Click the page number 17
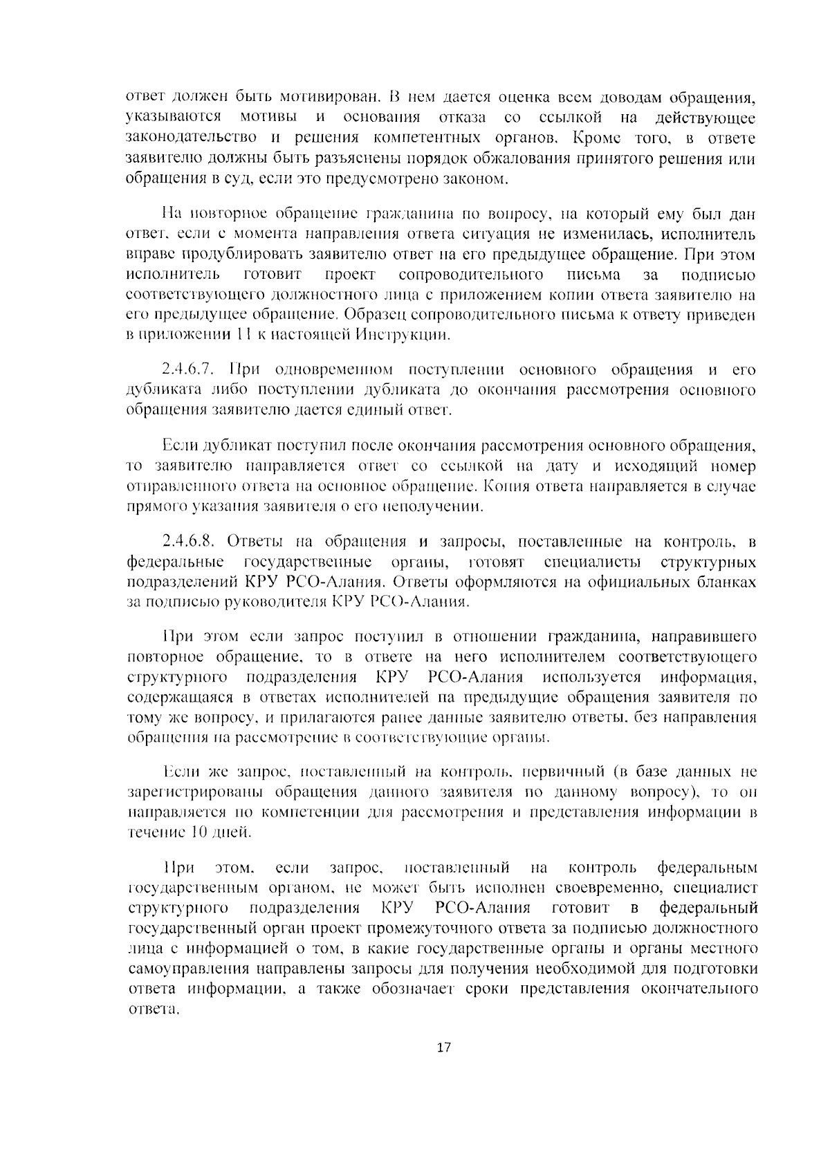[443, 1047]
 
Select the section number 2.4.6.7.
[188, 369]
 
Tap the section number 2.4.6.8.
[188, 540]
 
